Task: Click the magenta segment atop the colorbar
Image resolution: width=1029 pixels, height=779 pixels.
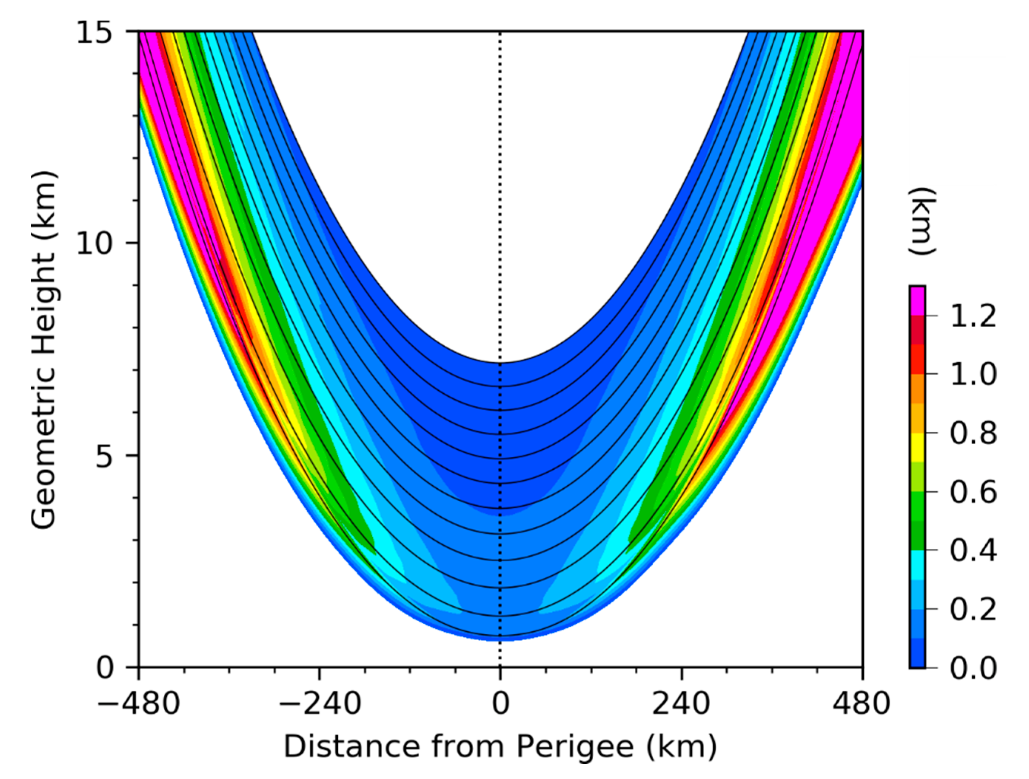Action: click(x=917, y=301)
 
